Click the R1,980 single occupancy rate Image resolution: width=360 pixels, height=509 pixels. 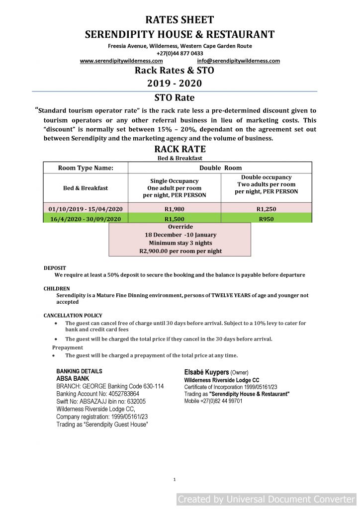[x=174, y=209]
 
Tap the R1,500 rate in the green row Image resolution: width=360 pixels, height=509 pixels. [x=174, y=219]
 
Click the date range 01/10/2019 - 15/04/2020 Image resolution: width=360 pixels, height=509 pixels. [x=86, y=209]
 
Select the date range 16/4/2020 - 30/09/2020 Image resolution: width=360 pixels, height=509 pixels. [x=86, y=219]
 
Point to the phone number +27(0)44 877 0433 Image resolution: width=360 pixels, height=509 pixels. [x=180, y=54]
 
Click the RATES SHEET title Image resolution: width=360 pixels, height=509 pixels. [x=180, y=20]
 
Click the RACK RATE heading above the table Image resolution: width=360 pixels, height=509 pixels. [x=180, y=149]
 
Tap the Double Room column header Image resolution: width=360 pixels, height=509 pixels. [x=220, y=168]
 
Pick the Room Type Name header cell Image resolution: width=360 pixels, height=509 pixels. [x=86, y=168]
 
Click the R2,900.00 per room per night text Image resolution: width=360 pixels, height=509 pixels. [x=180, y=251]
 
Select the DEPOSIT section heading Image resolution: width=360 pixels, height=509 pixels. [x=55, y=268]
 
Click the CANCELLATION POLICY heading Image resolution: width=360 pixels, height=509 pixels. [x=73, y=316]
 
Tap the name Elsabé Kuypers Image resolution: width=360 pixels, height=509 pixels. [x=206, y=372]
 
